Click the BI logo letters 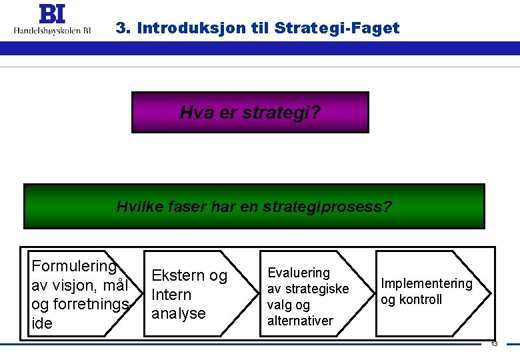pyautogui.click(x=53, y=14)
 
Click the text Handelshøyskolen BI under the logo pyautogui.click(x=53, y=30)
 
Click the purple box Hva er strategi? pyautogui.click(x=250, y=112)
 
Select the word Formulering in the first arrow pyautogui.click(x=74, y=266)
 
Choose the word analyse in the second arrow pyautogui.click(x=179, y=313)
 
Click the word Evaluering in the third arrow pyautogui.click(x=299, y=273)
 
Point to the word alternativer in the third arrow pyautogui.click(x=300, y=321)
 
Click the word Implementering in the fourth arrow pyautogui.click(x=426, y=283)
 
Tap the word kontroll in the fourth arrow pyautogui.click(x=420, y=299)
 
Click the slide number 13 pyautogui.click(x=494, y=344)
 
